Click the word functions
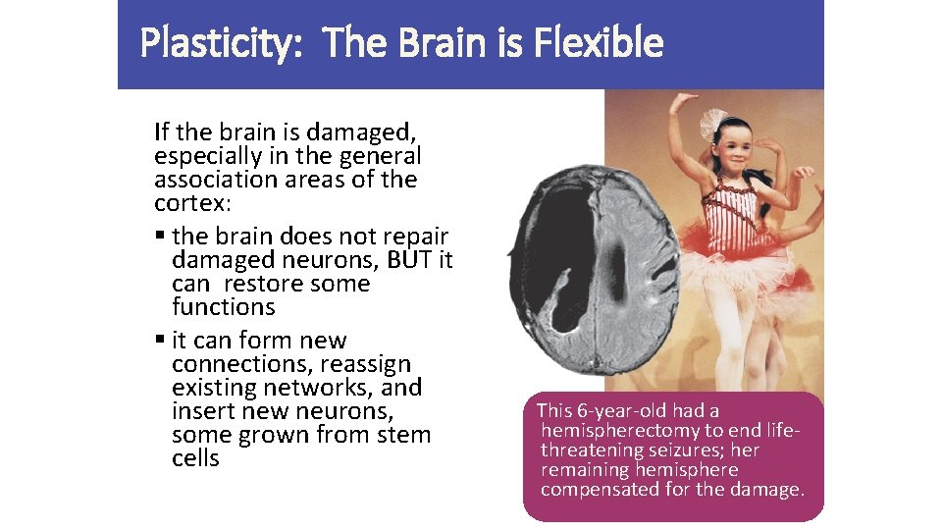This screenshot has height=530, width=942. pyautogui.click(x=223, y=307)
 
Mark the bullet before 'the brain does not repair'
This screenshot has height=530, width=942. pyautogui.click(x=160, y=237)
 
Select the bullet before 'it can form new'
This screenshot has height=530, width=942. pyautogui.click(x=160, y=341)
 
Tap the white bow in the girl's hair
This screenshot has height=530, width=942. pyautogui.click(x=711, y=123)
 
